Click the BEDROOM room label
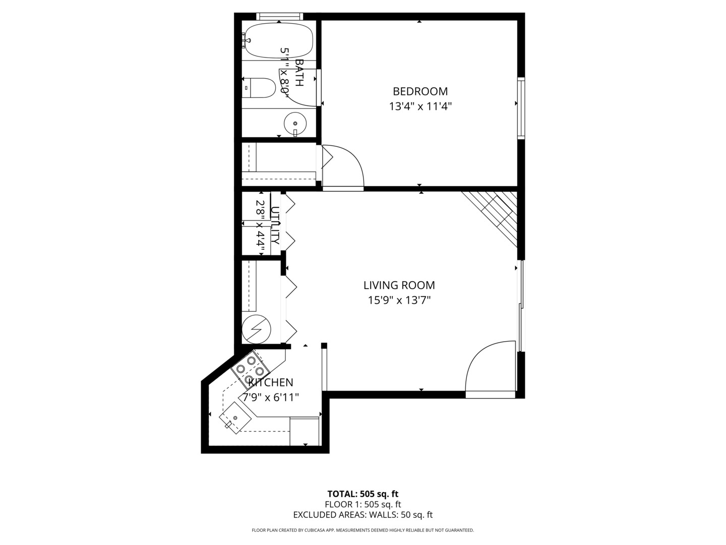[420, 91]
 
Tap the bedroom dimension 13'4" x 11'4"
[420, 106]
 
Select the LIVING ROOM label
[399, 285]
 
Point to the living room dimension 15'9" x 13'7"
[399, 300]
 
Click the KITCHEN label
[271, 383]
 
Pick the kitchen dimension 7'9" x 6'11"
[271, 398]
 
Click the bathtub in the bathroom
[279, 40]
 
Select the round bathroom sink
[295, 123]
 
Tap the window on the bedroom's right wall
[521, 108]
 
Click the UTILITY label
[275, 225]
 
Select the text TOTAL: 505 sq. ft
[362, 494]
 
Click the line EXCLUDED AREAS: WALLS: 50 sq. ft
[362, 515]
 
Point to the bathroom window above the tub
[279, 17]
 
